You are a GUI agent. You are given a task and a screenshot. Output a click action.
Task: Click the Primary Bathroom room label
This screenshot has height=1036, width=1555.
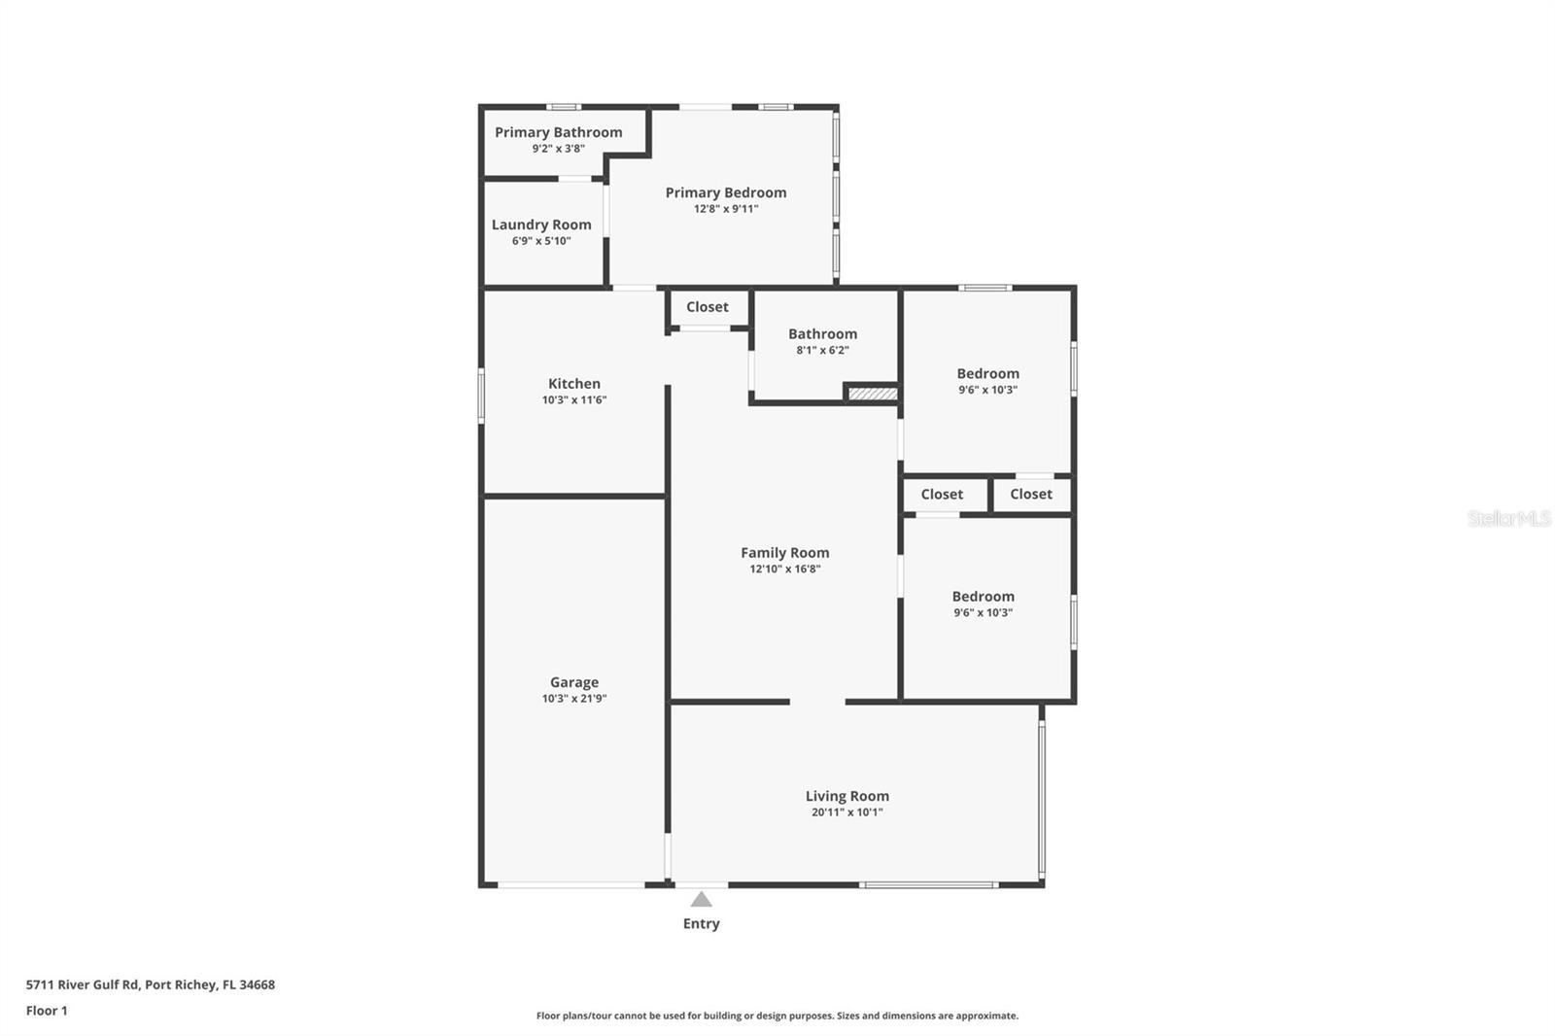click(558, 132)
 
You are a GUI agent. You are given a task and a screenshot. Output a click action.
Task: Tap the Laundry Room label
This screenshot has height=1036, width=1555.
click(541, 224)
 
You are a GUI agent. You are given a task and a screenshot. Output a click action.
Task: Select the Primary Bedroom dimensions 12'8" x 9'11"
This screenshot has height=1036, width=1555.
click(726, 209)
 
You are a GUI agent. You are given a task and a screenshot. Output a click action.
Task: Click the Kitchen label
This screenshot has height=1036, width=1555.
click(574, 384)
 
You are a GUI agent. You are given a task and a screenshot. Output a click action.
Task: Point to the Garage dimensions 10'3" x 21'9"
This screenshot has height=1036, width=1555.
click(574, 699)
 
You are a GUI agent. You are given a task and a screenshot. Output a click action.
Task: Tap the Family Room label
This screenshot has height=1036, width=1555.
click(785, 553)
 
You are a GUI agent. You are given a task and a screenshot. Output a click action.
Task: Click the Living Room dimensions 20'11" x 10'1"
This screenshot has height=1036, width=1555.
click(847, 812)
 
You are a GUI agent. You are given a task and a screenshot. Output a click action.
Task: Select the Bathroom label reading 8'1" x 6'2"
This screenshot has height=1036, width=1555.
click(823, 350)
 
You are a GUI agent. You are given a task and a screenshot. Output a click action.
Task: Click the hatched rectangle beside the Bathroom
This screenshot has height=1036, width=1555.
click(872, 394)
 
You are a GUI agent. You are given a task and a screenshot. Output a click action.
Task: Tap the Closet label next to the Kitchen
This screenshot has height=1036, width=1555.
click(708, 307)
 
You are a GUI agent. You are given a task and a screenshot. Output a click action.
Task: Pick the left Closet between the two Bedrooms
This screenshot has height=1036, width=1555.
click(942, 495)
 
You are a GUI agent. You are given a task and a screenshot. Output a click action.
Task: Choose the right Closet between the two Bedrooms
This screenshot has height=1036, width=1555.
click(1031, 495)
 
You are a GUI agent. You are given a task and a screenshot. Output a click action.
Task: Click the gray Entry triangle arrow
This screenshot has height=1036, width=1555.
click(701, 900)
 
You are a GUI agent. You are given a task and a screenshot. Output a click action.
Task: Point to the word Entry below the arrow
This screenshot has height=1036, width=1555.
click(701, 924)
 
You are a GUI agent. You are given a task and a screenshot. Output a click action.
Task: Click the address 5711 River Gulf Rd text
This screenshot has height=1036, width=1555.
click(151, 984)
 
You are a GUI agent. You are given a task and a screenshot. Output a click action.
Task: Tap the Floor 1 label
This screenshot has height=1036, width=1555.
click(47, 1011)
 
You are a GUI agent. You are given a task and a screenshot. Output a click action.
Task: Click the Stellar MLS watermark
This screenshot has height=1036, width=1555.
click(1508, 519)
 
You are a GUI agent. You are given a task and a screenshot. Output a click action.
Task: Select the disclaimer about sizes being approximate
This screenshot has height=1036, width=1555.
click(777, 1017)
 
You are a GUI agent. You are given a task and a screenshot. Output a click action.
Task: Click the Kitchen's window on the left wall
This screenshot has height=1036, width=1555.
click(481, 395)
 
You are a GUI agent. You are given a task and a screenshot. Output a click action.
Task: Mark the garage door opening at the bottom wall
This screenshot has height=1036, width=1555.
click(570, 884)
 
